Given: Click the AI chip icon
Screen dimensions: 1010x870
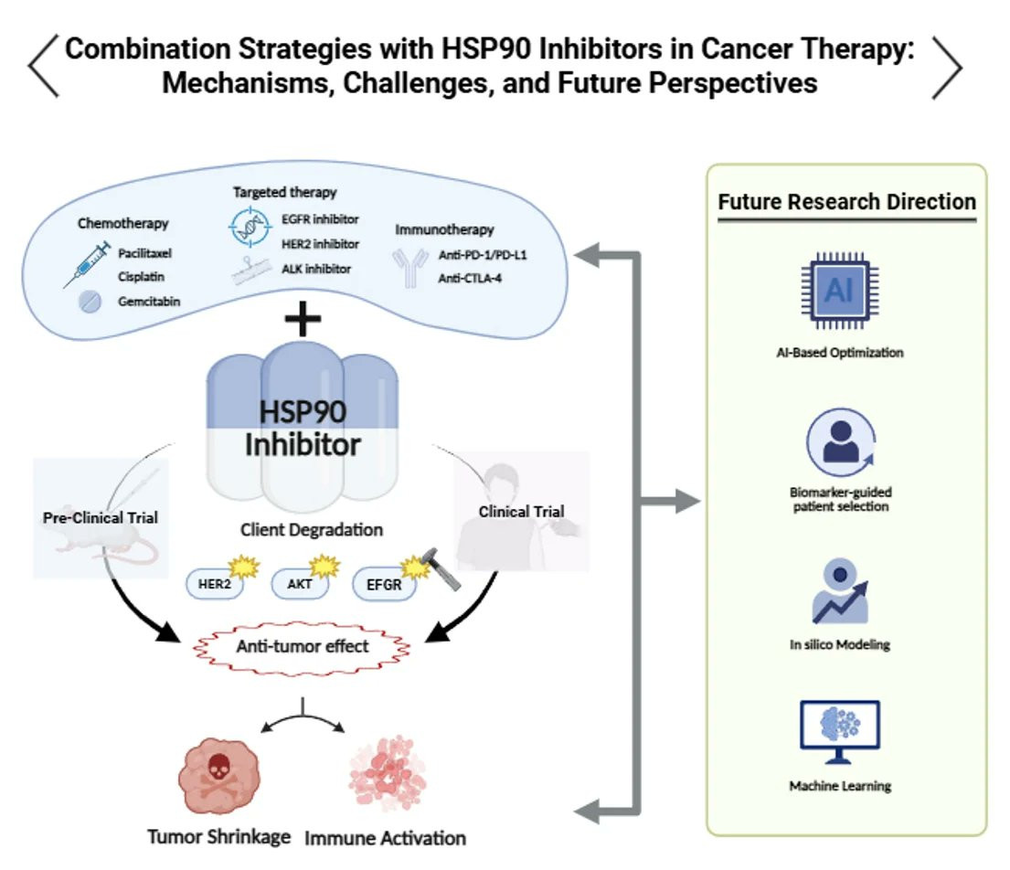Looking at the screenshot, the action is click(x=839, y=291).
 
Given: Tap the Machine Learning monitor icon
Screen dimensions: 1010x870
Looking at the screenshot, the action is click(x=839, y=732).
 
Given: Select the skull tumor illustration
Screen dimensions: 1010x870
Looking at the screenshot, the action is click(x=219, y=775).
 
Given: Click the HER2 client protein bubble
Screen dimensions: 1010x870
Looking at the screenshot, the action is click(x=215, y=584).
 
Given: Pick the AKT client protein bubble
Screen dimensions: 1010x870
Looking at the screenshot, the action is click(x=300, y=584).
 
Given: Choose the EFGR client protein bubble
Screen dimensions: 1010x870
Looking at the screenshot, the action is click(x=384, y=584).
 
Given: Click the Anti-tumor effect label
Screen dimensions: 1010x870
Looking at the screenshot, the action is click(x=303, y=646).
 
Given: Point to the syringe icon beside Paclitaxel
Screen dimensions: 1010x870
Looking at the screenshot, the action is click(x=87, y=265).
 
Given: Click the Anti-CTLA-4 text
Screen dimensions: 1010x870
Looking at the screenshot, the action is click(x=470, y=278).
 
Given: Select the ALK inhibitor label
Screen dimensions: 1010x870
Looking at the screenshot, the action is click(x=316, y=270).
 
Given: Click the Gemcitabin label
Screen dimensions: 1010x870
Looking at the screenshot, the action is click(x=149, y=302).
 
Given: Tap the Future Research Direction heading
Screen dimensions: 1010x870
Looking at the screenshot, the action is click(x=847, y=202).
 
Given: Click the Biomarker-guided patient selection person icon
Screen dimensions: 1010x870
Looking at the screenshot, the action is click(x=841, y=442).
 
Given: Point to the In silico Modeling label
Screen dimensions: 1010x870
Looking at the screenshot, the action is click(x=840, y=644).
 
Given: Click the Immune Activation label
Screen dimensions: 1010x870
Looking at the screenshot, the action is click(x=385, y=838).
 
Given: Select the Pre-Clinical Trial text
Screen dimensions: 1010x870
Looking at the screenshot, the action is click(x=101, y=518).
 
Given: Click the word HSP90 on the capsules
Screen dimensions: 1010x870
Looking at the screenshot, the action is click(x=303, y=412).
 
